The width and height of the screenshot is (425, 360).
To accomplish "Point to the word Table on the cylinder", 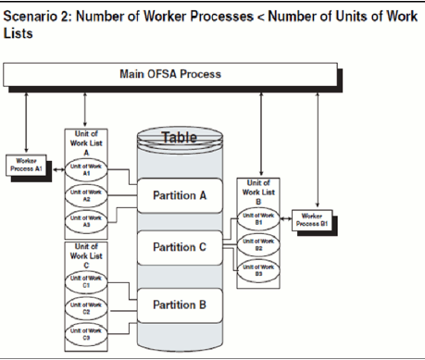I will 180,138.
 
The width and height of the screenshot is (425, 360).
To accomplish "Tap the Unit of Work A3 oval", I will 84,219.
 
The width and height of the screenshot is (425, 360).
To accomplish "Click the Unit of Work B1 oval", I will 259,223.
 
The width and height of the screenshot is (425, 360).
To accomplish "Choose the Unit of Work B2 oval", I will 259,246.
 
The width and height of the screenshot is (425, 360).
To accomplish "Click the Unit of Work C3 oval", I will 84,336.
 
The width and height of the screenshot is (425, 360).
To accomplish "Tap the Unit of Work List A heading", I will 84,144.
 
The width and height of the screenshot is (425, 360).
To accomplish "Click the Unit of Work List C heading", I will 84,257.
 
